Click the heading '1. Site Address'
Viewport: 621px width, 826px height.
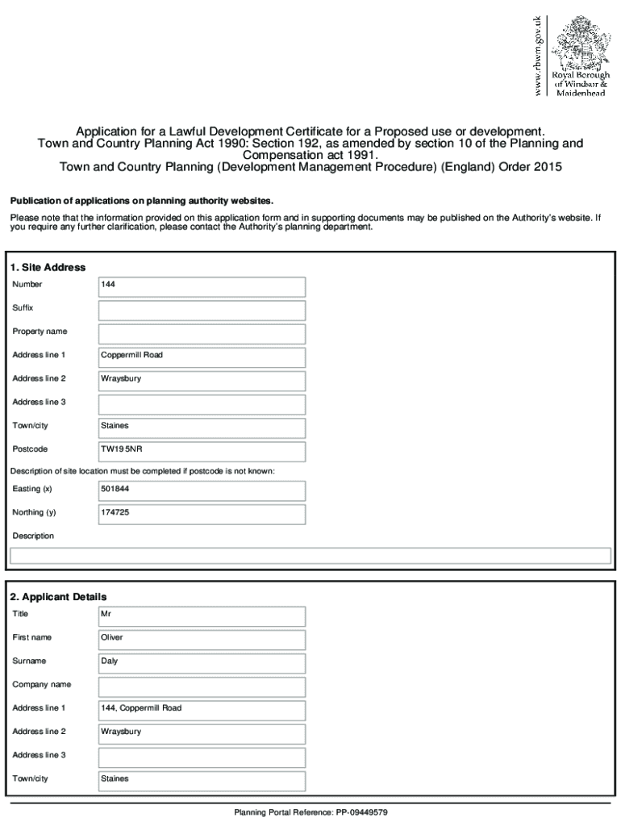[x=48, y=267]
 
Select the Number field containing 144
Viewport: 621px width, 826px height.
[x=202, y=287]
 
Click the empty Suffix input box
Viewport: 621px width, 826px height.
[x=202, y=311]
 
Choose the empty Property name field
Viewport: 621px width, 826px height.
[x=202, y=334]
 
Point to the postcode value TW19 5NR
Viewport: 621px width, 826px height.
[x=121, y=449]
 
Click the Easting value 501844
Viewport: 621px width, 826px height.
[x=115, y=489]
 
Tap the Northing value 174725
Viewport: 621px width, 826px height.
[x=115, y=512]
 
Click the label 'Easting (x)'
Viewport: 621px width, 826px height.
[x=32, y=489]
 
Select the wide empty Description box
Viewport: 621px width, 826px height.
[x=310, y=556]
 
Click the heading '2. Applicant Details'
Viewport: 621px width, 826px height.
[x=58, y=597]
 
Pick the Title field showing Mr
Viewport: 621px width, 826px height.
[x=202, y=616]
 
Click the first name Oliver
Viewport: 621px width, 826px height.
[x=112, y=637]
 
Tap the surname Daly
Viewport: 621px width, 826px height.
[x=110, y=661]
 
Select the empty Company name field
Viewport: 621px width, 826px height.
[x=202, y=687]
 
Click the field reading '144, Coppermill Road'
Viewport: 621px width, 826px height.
[x=141, y=708]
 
